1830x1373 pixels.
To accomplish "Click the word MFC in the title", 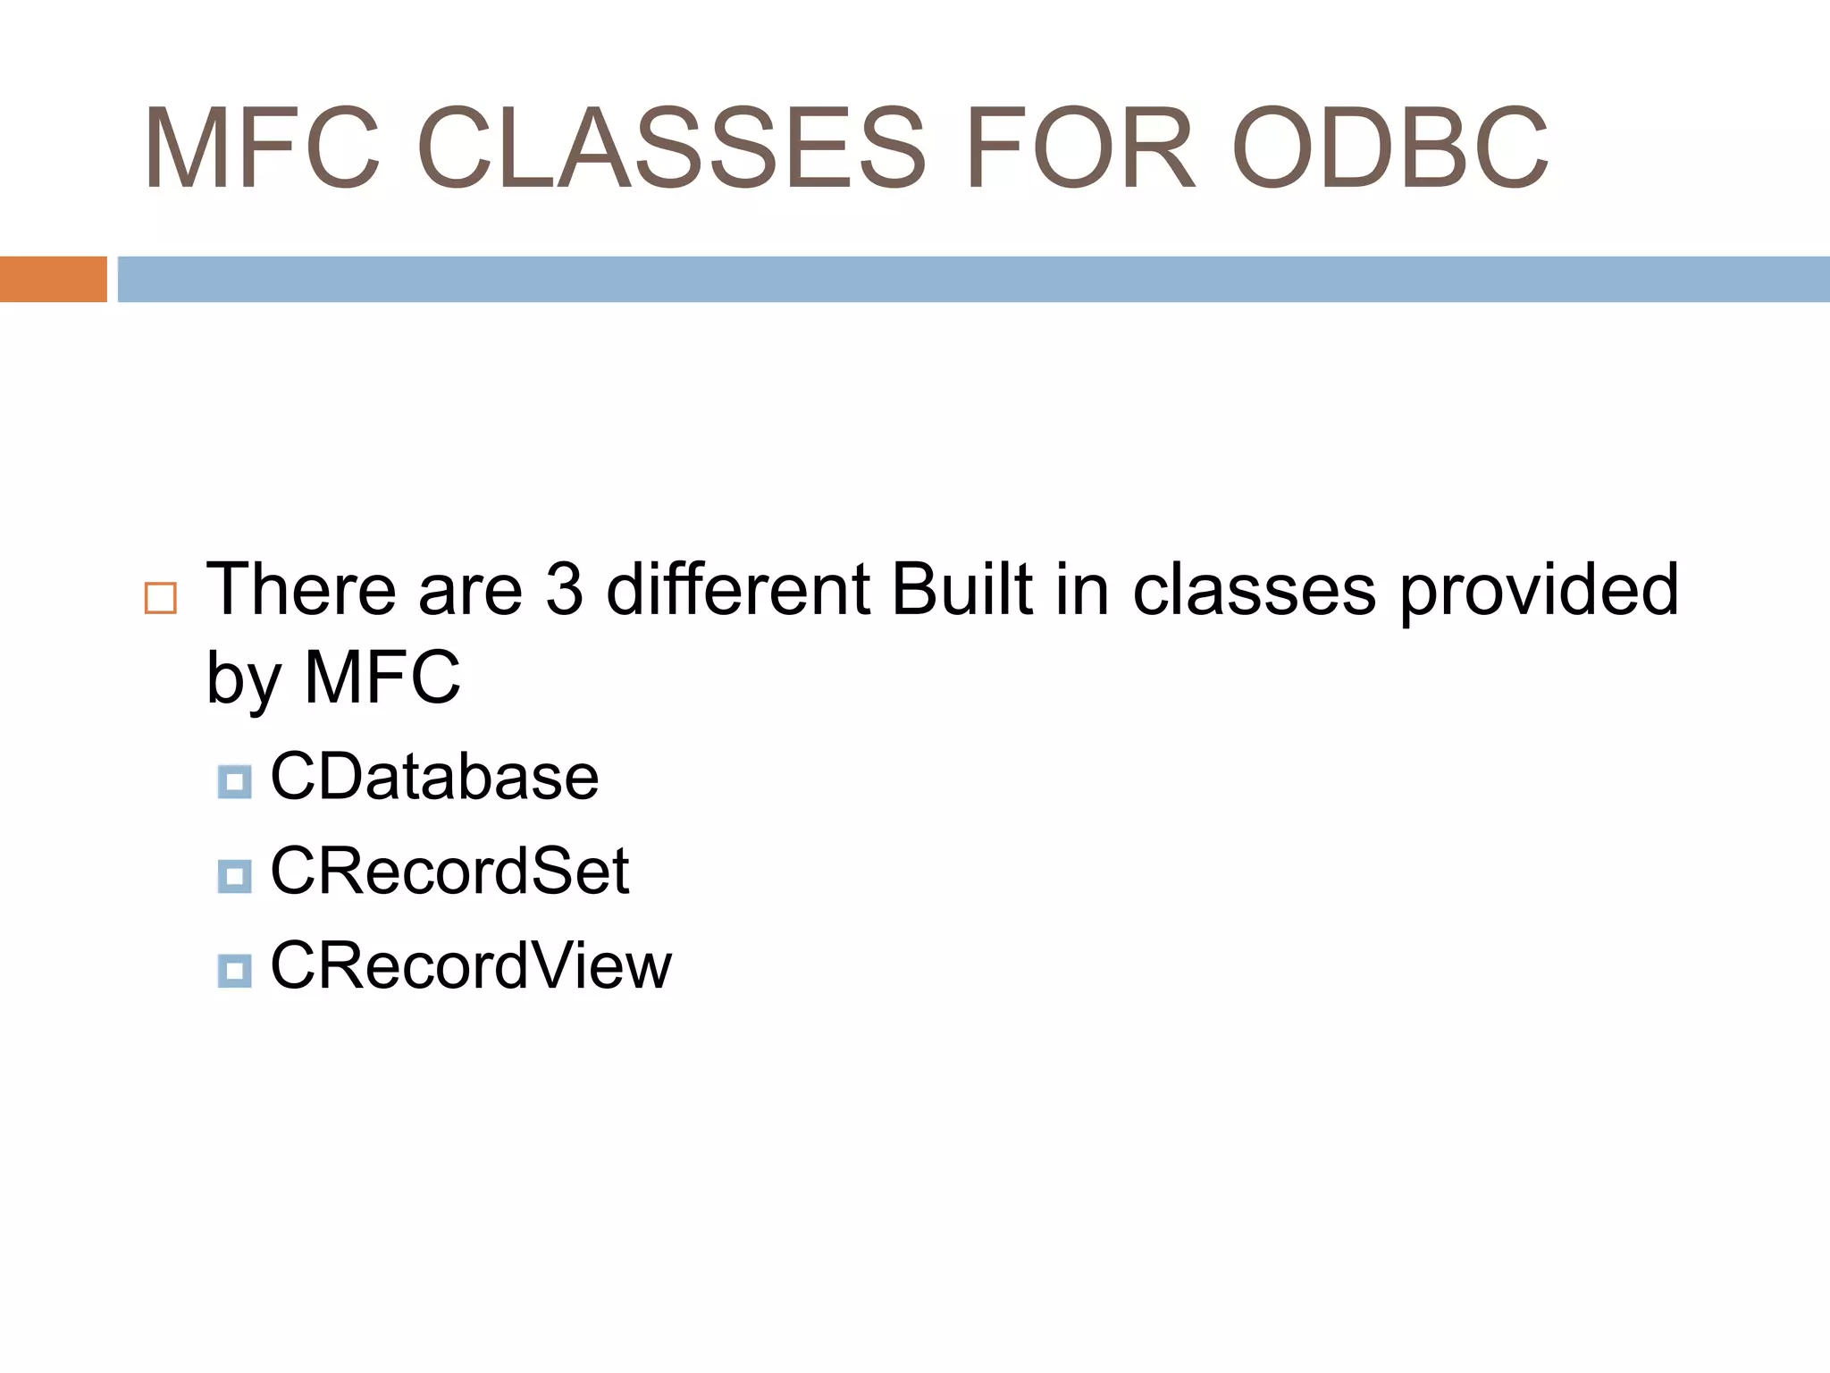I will click(x=262, y=148).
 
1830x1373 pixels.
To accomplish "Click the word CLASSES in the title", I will click(x=671, y=148).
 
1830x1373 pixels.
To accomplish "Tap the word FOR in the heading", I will click(x=1079, y=148).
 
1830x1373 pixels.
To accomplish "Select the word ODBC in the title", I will click(x=1389, y=148).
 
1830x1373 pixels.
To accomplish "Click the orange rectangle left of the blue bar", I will click(x=53, y=279).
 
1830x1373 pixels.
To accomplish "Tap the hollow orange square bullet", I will click(x=161, y=598).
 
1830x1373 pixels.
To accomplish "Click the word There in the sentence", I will click(x=301, y=589).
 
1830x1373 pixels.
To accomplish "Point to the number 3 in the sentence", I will click(x=564, y=589).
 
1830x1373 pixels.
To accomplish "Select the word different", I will click(x=738, y=589).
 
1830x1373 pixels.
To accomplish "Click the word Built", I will click(x=962, y=589).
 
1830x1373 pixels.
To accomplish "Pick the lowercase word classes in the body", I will click(x=1254, y=591).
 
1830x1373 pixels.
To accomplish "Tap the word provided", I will click(x=1539, y=591).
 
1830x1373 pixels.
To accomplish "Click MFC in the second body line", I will click(x=382, y=677).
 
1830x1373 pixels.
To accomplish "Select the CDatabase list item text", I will click(x=434, y=777).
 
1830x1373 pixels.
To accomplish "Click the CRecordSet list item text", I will click(x=449, y=872).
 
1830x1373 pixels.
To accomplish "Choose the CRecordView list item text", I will click(x=470, y=966).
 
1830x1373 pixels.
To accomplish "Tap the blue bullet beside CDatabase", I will click(x=234, y=782).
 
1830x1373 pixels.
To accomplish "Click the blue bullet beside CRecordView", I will click(x=234, y=971).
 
